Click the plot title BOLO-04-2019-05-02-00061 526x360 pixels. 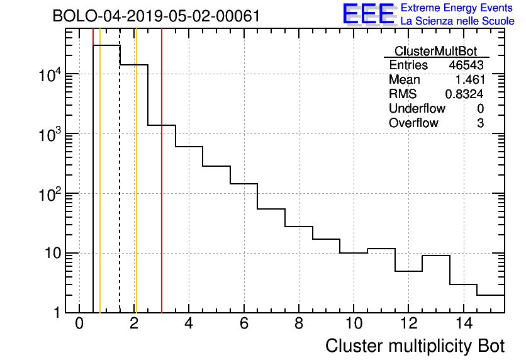tap(156, 16)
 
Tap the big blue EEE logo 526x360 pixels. tap(369, 14)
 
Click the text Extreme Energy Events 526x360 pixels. tap(457, 8)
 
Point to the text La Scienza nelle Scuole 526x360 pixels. tap(457, 21)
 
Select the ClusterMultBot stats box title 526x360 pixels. tap(435, 51)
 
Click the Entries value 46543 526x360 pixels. tap(466, 65)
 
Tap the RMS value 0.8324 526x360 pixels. tap(464, 94)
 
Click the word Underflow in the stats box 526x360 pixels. tap(417, 109)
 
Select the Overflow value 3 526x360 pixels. tap(480, 123)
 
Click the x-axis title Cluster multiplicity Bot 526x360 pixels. tap(415, 346)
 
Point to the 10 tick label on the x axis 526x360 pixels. tap(354, 324)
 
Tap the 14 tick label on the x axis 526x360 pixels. tap(463, 324)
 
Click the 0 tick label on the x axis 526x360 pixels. tap(79, 324)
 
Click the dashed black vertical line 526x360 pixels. tap(120, 189)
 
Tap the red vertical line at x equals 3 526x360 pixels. tap(162, 189)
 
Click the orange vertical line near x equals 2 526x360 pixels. tap(136, 189)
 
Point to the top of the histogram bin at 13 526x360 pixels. tap(436, 256)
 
